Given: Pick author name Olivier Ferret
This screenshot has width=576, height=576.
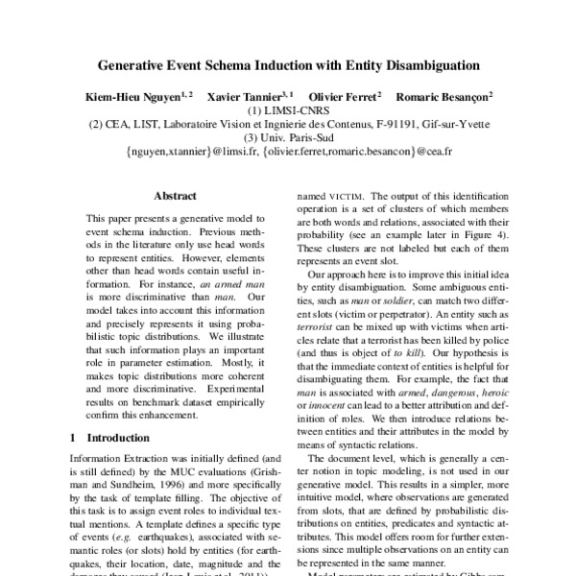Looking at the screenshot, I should [x=350, y=97].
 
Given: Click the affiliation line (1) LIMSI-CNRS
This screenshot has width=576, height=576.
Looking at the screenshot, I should [x=288, y=110].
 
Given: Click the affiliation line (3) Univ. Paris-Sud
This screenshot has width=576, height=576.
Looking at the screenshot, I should [x=288, y=137].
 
